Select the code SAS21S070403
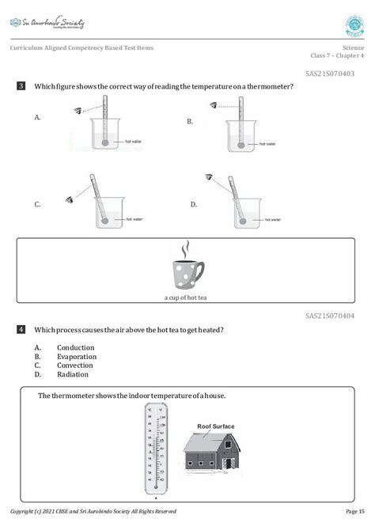click(x=331, y=73)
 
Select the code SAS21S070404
click(x=331, y=316)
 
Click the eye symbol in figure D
click(x=209, y=178)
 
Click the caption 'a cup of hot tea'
click(x=187, y=298)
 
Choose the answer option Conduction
click(x=76, y=347)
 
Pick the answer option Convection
click(x=76, y=365)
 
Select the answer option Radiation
click(x=74, y=374)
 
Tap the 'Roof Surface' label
click(x=216, y=426)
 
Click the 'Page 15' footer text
click(x=355, y=511)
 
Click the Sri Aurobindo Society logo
click(x=47, y=24)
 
